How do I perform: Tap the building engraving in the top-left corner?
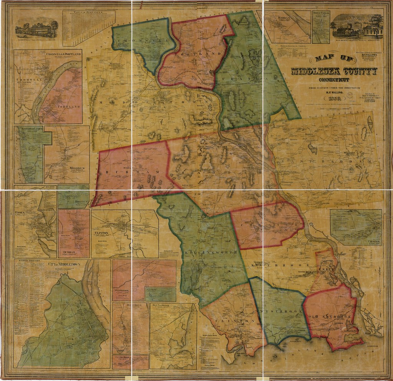tap(37, 27)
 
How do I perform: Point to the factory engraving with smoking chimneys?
tap(357, 27)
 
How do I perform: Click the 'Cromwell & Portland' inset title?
tap(63, 54)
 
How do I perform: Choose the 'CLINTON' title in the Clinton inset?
tap(101, 233)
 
